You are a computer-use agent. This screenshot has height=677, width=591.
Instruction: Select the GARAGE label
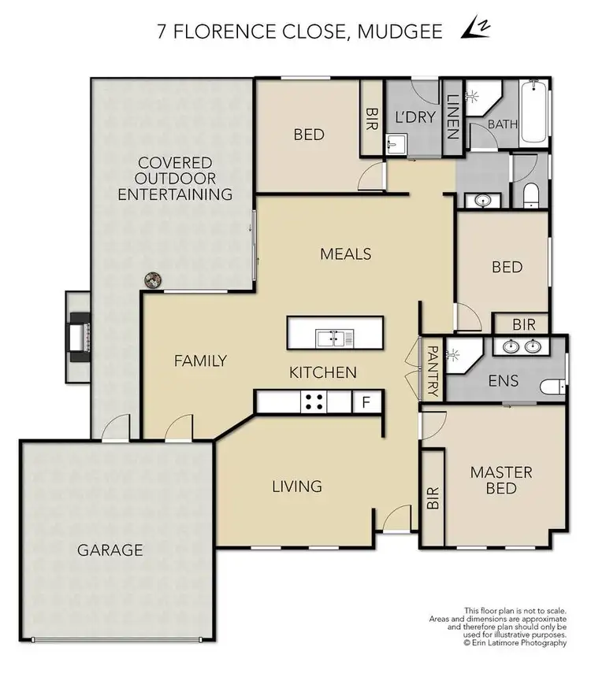(110, 549)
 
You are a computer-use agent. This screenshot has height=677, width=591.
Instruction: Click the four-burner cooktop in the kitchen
(314, 402)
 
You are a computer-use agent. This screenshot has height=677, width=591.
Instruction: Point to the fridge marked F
(365, 402)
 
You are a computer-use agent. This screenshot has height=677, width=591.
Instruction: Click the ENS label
(503, 381)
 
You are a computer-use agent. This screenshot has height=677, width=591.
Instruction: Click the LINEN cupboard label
(452, 117)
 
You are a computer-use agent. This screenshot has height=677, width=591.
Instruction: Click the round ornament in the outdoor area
(152, 279)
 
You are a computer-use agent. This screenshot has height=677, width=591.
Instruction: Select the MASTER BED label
(501, 480)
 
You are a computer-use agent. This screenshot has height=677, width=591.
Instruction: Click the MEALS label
(345, 253)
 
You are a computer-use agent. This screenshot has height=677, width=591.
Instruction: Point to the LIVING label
(296, 486)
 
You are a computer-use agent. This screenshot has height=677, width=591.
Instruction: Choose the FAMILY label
(200, 361)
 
